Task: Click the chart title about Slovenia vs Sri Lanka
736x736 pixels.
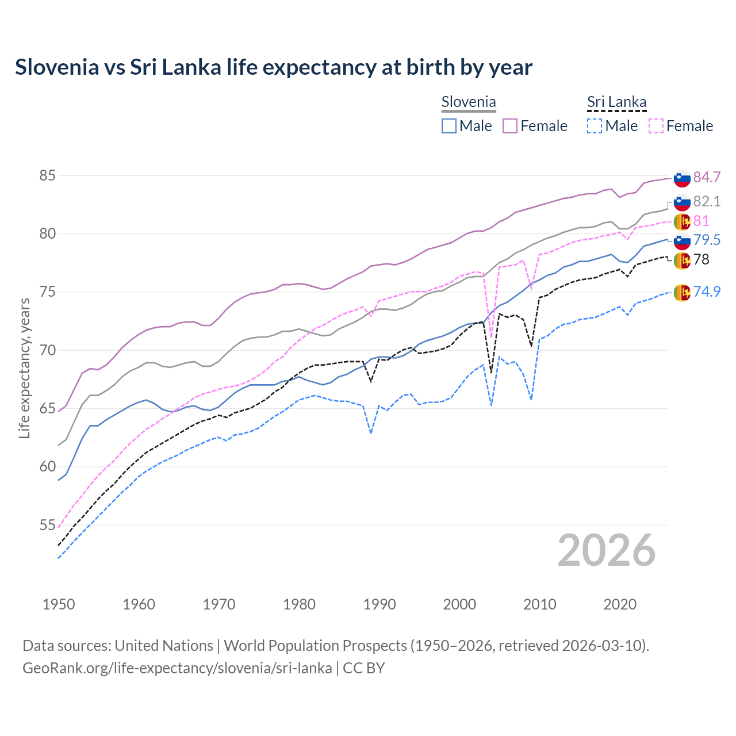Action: pyautogui.click(x=274, y=67)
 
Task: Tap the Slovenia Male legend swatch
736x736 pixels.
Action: pyautogui.click(x=449, y=126)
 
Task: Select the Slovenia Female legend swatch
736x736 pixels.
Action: pyautogui.click(x=510, y=126)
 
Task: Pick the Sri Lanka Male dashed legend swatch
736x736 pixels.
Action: pyautogui.click(x=595, y=126)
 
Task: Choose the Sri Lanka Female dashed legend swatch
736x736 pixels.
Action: pyautogui.click(x=655, y=126)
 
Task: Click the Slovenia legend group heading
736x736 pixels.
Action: pyautogui.click(x=468, y=102)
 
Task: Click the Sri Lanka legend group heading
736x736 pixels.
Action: pyautogui.click(x=616, y=102)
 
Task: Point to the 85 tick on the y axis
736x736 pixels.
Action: pyautogui.click(x=47, y=175)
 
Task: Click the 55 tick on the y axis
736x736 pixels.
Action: pyautogui.click(x=47, y=525)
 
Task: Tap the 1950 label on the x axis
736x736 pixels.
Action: pyautogui.click(x=59, y=604)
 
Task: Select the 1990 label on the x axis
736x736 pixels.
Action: pyautogui.click(x=379, y=604)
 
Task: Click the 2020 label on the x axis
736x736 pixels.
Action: pyautogui.click(x=620, y=604)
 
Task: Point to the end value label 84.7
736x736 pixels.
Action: pyautogui.click(x=707, y=177)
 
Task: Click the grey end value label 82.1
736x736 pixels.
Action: pyautogui.click(x=707, y=201)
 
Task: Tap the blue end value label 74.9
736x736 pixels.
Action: pyautogui.click(x=707, y=292)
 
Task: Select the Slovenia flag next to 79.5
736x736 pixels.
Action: pyautogui.click(x=682, y=240)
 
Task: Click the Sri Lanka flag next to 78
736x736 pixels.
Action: pyautogui.click(x=682, y=260)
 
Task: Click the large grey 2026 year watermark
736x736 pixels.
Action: pyautogui.click(x=607, y=550)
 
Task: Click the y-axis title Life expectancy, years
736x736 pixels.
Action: pyautogui.click(x=24, y=368)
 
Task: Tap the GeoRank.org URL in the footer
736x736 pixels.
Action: pyautogui.click(x=177, y=668)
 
